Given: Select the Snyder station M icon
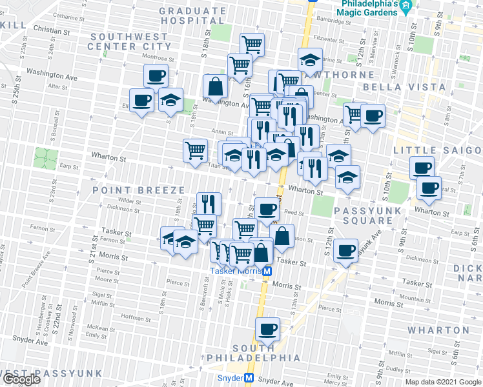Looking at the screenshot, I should [x=249, y=379].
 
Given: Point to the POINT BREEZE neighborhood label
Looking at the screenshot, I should [x=130, y=190].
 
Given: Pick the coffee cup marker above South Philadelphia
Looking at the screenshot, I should [x=267, y=329].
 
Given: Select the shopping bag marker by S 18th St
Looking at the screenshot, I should [x=214, y=86].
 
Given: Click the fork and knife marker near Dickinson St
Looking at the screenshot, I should [x=208, y=203].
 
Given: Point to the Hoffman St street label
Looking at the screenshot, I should [x=136, y=317].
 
